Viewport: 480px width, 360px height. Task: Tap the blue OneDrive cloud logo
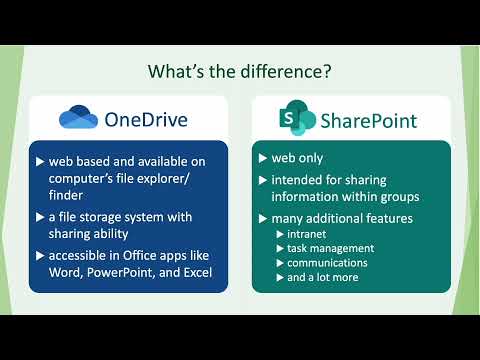(x=78, y=118)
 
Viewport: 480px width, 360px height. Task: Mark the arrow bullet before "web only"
(x=262, y=158)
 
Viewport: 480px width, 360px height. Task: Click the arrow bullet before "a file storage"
(x=40, y=217)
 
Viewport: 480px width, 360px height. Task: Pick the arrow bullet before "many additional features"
(x=262, y=218)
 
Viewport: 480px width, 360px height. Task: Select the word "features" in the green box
(x=387, y=218)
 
